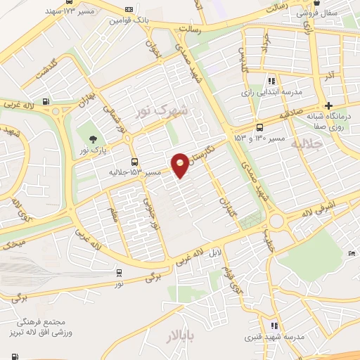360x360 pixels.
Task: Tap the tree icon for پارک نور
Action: click(x=91, y=138)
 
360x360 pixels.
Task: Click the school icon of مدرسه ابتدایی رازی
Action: click(x=272, y=81)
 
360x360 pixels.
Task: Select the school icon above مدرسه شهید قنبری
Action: click(x=274, y=326)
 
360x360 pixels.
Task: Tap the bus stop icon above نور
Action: click(x=119, y=273)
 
